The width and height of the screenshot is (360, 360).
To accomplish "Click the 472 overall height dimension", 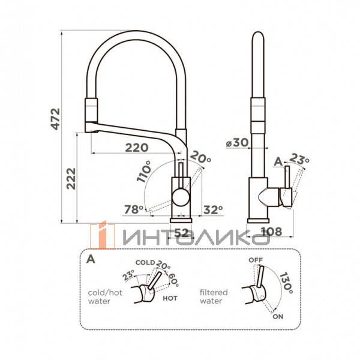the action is pos(55,119).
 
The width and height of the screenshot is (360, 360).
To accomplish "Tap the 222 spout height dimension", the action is pos(71,179).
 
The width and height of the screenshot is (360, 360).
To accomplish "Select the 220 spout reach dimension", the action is pos(137,148).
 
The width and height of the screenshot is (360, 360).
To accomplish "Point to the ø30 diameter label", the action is pos(237,143).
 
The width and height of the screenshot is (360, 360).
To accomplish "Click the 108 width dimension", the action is pos(271,232).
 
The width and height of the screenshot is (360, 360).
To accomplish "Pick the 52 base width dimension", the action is pos(182,233).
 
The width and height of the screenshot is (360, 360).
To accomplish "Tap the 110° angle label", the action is pos(144,171).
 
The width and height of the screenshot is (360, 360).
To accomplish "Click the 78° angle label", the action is pos(134,209).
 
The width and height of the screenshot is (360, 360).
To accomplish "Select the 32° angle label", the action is pos(213,209).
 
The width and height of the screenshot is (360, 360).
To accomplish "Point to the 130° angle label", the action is pos(286,283).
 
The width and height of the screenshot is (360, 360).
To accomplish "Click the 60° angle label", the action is pos(173,280).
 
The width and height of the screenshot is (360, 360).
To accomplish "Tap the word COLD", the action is pos(145,262).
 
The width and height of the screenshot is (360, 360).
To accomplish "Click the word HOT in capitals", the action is pos(170,298).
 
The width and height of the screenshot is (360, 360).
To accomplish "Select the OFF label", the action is pos(256,260).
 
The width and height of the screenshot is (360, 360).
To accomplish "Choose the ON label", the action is pos(278,316).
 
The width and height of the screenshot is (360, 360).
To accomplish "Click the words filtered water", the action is pos(214,296).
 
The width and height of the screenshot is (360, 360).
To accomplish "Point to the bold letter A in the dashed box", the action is pos(91,259).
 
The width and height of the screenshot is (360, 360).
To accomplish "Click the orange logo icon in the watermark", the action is pos(103,235).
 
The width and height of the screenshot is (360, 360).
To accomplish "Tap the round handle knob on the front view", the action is pos(181,197).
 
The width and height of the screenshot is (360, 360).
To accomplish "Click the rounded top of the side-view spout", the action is pos(258,37).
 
